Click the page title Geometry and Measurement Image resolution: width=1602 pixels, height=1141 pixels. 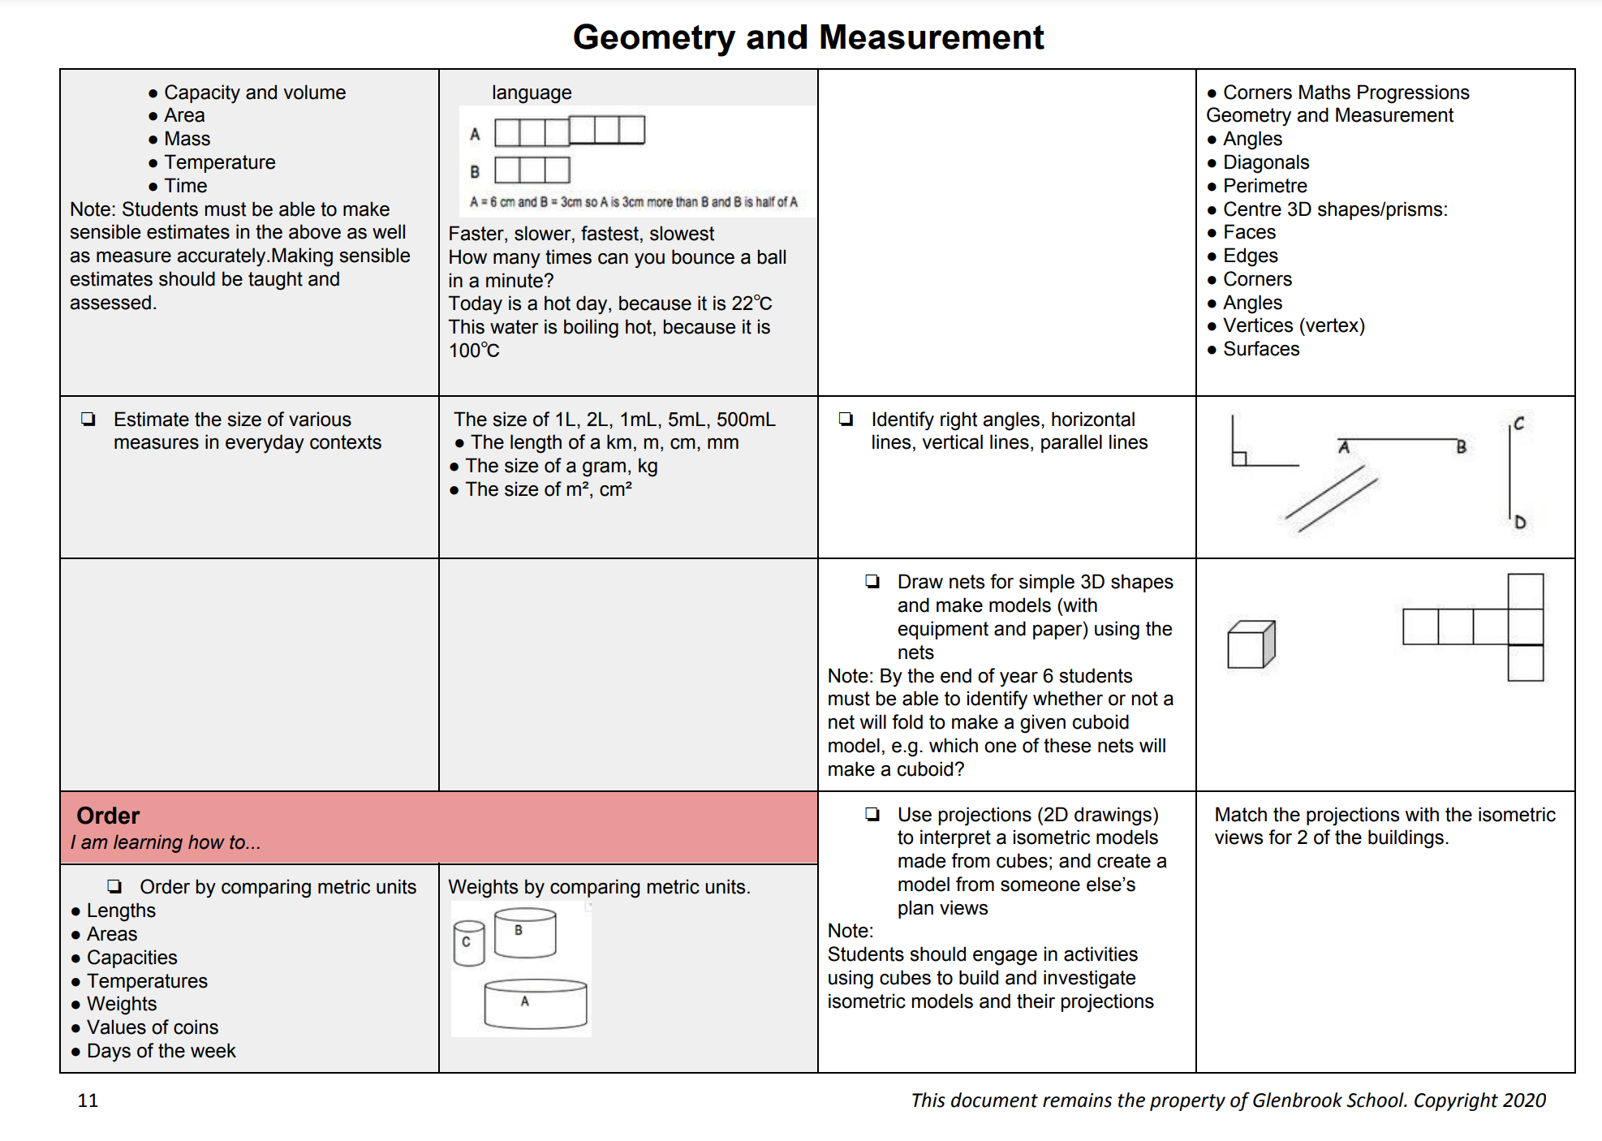pos(807,37)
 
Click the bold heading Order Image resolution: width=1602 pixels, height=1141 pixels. pos(108,816)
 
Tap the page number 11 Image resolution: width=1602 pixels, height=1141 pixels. pos(88,1100)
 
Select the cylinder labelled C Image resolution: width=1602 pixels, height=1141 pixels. pos(468,943)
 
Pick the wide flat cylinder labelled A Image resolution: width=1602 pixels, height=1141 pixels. pos(535,1004)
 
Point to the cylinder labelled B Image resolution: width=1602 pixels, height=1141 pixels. pos(525,933)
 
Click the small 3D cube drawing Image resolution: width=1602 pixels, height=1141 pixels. pos(1251,644)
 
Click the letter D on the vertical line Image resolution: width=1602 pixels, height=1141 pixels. pos(1520,523)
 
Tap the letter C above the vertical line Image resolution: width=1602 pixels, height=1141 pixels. pos(1518,424)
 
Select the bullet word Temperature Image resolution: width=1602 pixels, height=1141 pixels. pos(219,162)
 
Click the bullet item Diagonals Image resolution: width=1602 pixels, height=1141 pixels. pos(1265,162)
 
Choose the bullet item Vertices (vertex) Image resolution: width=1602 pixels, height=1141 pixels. pos(1294,325)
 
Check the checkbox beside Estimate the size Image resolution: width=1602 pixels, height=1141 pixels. pos(88,420)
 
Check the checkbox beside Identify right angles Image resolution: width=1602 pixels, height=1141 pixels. pos(846,420)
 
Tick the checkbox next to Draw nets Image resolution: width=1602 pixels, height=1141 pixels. pos(872,582)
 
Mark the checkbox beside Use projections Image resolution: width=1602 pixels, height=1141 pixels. pos(872,815)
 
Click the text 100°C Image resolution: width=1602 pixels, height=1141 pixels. pos(474,351)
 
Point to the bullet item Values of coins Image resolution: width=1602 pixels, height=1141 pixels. pos(153,1027)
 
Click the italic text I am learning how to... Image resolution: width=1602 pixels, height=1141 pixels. pos(166,842)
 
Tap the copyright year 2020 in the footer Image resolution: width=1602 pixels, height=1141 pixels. pos(1524,1100)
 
